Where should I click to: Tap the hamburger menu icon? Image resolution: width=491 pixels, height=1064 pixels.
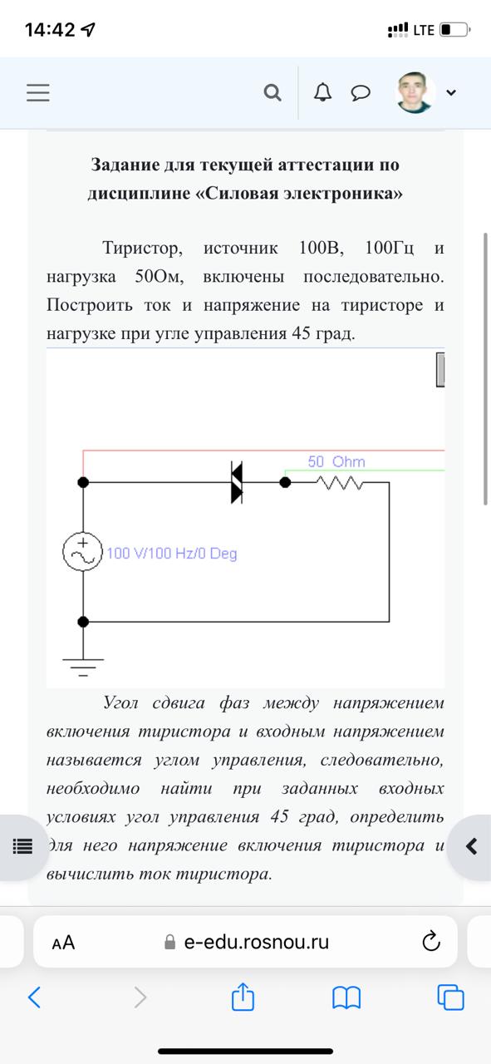point(38,92)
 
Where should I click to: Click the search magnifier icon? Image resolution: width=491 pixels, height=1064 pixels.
point(273,92)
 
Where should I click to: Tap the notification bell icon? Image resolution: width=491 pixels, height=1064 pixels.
point(323,91)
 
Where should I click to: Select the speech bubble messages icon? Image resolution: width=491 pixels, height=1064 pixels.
point(361,92)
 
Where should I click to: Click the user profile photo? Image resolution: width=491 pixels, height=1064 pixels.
point(415,92)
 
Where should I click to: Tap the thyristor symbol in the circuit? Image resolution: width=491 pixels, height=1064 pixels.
point(237,482)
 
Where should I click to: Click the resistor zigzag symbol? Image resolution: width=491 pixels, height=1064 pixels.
point(340,483)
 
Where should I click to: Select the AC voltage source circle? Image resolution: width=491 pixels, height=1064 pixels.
point(82,551)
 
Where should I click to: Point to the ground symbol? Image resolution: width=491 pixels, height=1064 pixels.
point(83,667)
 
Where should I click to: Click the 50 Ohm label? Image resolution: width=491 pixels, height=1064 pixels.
point(336,461)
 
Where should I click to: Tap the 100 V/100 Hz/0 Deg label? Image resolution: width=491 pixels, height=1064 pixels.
point(172,554)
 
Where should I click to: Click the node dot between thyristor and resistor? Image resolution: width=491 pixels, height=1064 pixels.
point(285,483)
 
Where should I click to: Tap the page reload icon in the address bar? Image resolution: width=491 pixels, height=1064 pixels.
point(431,942)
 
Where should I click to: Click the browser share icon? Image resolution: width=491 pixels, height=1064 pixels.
point(243,997)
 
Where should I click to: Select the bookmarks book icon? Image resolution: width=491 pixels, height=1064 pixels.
point(346,997)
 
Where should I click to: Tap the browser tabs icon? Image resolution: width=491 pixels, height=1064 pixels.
point(450,997)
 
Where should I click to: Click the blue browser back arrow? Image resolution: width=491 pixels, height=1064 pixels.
point(34,997)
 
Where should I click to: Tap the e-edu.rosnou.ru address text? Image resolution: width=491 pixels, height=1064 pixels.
point(257,942)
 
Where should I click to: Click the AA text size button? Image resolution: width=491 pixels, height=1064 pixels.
point(63,943)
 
